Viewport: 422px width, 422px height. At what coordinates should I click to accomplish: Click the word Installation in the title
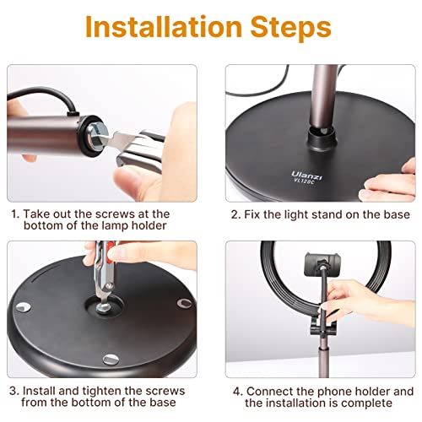[164, 26]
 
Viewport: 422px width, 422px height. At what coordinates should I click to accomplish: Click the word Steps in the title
[291, 28]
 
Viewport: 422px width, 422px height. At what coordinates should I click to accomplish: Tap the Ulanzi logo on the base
[306, 176]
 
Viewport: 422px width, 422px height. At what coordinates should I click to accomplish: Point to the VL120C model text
[304, 181]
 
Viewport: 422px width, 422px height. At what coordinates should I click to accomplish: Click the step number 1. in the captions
[15, 214]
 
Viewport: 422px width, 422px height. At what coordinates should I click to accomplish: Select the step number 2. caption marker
[236, 214]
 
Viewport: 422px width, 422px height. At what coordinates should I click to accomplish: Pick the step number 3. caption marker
[14, 391]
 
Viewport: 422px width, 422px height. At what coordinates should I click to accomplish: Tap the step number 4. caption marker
[238, 392]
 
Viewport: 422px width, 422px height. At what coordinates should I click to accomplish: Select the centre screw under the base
[103, 307]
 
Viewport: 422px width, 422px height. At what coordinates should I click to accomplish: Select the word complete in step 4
[368, 403]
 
